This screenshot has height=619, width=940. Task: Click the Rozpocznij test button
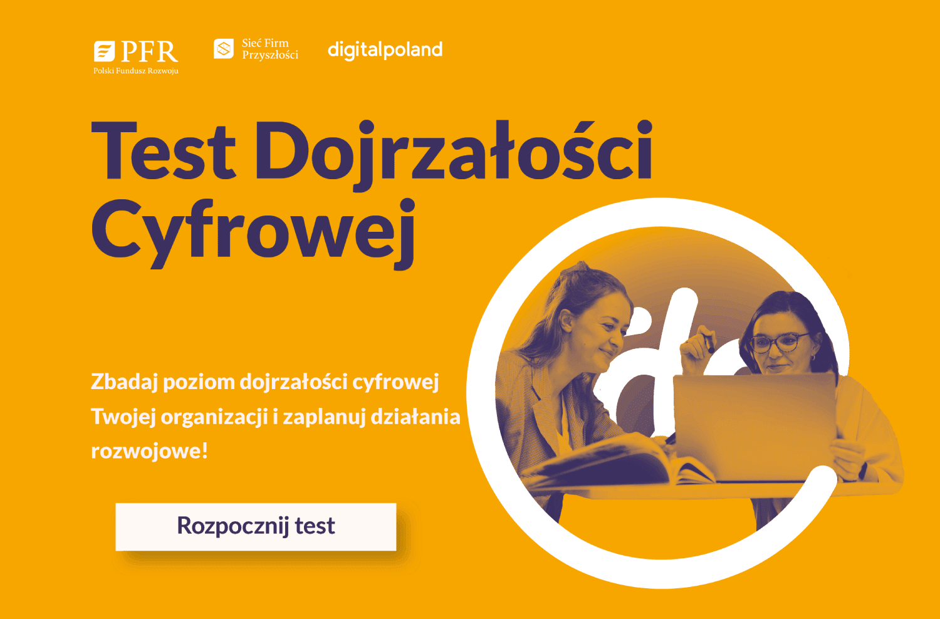point(256,527)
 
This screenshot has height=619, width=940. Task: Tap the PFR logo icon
point(104,51)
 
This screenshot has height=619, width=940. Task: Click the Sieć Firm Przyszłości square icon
point(224,49)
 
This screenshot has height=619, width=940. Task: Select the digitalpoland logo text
point(385,50)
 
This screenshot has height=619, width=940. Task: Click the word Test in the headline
point(164,151)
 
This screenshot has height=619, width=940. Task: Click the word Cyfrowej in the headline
point(253,233)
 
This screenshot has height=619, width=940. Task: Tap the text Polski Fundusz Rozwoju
point(136,71)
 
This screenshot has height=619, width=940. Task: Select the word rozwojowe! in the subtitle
point(149,451)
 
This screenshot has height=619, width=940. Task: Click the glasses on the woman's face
point(780,342)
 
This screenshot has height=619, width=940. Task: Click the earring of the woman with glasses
point(813,358)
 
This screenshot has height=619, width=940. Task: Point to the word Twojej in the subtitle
point(123,418)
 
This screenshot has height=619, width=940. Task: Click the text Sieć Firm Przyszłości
point(270,49)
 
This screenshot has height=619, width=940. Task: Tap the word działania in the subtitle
point(415,417)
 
